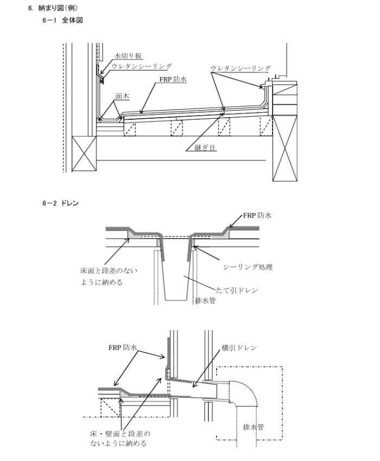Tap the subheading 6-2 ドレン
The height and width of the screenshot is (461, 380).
coord(60,203)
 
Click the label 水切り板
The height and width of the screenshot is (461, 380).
coord(129,56)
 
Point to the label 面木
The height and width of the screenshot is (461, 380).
coord(122,95)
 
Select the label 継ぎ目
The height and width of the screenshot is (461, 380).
coord(206,148)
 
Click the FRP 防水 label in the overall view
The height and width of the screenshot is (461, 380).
coord(173,80)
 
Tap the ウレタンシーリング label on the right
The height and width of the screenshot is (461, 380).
coord(240,68)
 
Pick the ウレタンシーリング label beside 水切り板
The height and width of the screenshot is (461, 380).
coord(142,66)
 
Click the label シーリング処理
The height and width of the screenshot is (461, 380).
coord(248,267)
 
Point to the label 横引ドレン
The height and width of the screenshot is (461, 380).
coord(239,348)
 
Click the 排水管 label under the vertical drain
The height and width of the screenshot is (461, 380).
coord(205,300)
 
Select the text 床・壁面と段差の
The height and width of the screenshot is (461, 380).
coord(119,434)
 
